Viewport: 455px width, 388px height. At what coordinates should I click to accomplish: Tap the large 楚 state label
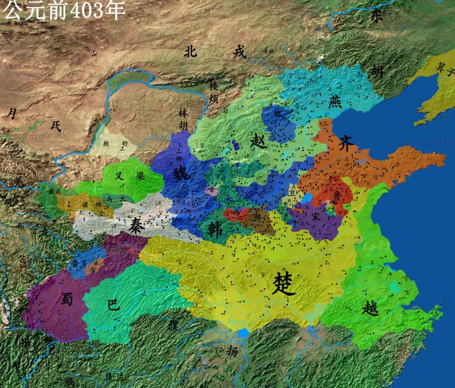284,284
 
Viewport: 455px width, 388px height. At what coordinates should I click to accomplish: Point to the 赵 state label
258,141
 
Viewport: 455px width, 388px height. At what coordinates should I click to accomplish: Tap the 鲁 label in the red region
336,196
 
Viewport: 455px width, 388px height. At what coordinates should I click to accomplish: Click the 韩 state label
216,230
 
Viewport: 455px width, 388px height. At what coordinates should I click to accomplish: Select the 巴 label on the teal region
114,304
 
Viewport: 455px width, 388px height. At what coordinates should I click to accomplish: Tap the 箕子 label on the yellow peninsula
445,67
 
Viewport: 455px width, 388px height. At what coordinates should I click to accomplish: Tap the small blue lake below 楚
243,334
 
